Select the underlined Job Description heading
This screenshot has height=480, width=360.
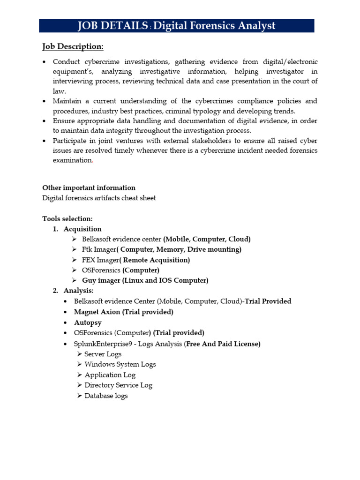coord(73,46)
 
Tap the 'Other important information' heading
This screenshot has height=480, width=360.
coord(89,187)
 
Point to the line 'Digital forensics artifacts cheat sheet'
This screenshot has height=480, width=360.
coord(99,198)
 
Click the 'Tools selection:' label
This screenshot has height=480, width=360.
coord(67,218)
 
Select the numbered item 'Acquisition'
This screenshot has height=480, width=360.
coord(82,229)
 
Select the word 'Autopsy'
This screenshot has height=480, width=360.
coord(88,322)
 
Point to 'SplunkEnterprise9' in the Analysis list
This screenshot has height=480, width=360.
coord(102,344)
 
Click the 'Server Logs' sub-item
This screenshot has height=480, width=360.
coord(103,354)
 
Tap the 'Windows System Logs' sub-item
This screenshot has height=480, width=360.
coord(120,364)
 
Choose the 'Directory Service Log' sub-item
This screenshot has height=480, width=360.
coord(118,385)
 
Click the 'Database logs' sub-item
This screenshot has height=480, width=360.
coord(106,396)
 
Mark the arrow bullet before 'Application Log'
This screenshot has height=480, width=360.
coord(79,375)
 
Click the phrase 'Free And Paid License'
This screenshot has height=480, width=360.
coord(222,344)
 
